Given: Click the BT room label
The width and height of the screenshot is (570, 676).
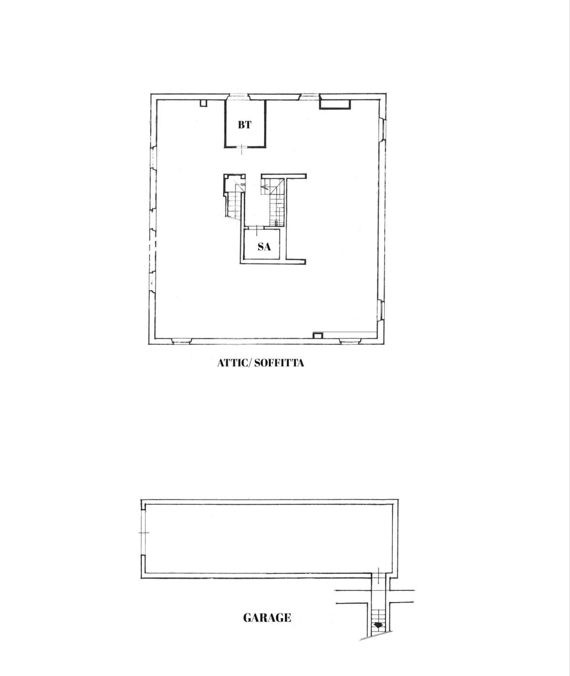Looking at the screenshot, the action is [244, 125].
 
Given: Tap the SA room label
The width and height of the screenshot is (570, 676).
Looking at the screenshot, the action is [264, 246].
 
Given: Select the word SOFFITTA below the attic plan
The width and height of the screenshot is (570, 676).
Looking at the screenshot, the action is [279, 363].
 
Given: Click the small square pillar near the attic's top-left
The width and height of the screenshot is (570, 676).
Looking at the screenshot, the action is [203, 103].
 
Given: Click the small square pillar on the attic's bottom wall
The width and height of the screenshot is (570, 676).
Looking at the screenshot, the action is [318, 335].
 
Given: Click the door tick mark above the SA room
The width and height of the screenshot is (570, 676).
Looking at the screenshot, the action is [256, 228].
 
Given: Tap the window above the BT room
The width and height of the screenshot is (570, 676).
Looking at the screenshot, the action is [238, 96].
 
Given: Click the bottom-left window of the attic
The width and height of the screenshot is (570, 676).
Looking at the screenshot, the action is [181, 341].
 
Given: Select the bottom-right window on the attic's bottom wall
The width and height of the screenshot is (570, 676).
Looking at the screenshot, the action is [349, 341].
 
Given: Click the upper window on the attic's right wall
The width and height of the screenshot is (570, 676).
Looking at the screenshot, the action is [383, 129].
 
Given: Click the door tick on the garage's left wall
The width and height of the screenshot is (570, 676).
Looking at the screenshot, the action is [144, 532].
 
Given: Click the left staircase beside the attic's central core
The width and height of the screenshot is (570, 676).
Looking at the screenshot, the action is [234, 203].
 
